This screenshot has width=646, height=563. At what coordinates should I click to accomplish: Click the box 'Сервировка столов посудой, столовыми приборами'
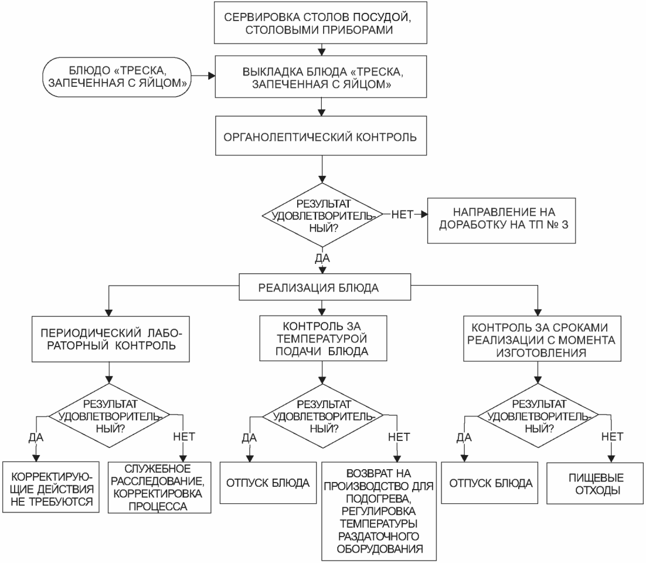coord(321,23)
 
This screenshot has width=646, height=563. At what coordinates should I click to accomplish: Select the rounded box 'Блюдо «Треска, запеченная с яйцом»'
coord(117,77)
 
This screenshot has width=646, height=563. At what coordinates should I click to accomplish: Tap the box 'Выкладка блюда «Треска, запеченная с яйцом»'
coord(321,77)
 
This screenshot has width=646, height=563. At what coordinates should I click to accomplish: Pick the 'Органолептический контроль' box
coord(321,135)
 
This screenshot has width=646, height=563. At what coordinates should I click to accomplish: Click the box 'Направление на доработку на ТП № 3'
coord(501,221)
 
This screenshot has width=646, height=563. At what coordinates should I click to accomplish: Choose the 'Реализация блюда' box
coord(325,287)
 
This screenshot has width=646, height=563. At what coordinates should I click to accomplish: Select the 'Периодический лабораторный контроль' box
coord(110,339)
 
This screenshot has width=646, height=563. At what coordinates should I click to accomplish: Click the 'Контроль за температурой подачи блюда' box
coord(323,338)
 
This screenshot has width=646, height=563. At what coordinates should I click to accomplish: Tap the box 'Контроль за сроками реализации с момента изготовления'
coord(542,339)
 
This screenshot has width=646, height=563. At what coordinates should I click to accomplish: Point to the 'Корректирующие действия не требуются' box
coord(51,487)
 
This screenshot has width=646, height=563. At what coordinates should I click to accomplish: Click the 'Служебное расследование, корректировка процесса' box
coord(159,487)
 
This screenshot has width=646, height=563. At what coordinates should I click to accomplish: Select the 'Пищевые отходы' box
coord(595,483)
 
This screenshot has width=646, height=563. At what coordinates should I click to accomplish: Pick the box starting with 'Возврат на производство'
coord(379,511)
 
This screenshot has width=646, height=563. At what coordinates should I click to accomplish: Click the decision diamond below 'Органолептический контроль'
coord(322,215)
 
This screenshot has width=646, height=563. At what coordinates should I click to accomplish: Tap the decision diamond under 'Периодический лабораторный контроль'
coord(109,415)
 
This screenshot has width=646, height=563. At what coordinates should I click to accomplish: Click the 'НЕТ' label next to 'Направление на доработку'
coord(402,214)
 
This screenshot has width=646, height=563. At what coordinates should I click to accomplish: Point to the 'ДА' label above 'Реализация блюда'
coord(322,258)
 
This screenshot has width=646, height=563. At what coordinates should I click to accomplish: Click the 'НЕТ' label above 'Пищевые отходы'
coord(612,436)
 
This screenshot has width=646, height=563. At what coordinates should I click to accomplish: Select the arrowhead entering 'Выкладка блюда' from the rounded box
coord(212,76)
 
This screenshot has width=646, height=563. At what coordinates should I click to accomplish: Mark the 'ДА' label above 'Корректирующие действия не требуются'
coord(36,437)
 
